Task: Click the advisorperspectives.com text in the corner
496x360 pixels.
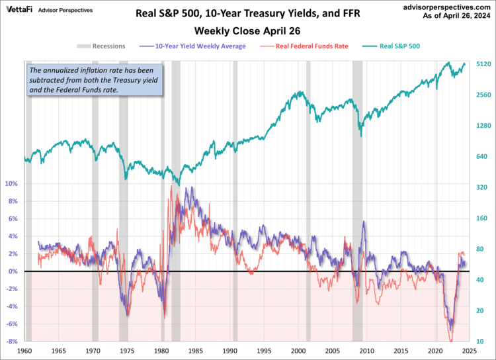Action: coord(448,5)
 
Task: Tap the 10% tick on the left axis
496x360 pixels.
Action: coord(11,183)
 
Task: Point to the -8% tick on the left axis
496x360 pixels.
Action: coord(11,341)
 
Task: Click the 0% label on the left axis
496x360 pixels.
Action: coord(13,271)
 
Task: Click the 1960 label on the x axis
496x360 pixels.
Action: coord(24,351)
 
